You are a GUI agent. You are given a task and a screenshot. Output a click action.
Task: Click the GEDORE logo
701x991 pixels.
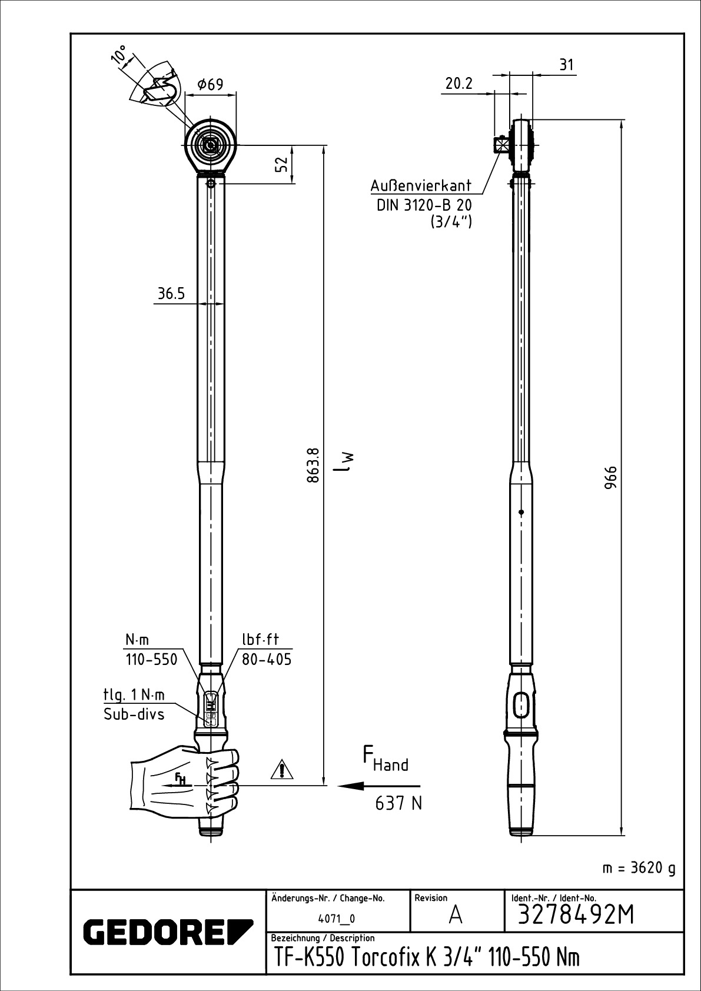168,930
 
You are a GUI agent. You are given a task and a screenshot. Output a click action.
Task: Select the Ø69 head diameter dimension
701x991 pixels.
210,84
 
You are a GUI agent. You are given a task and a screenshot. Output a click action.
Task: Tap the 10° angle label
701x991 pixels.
119,54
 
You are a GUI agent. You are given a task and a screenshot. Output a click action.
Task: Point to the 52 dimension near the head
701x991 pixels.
283,165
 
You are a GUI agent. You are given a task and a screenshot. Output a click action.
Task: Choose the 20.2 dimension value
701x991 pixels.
459,83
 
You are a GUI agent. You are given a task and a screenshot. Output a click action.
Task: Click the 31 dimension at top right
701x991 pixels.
566,65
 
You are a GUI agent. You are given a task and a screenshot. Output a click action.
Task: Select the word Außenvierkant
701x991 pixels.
421,186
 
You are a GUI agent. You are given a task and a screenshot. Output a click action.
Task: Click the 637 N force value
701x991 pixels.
398,803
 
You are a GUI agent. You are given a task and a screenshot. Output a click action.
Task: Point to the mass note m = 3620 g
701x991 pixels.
639,869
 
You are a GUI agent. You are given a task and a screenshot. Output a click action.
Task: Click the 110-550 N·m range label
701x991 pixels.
151,659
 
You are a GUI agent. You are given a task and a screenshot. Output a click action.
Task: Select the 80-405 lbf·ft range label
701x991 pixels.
267,659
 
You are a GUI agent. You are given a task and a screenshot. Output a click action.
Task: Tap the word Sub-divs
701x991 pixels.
134,714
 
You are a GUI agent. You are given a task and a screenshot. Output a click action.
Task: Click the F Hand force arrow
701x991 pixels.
378,786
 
